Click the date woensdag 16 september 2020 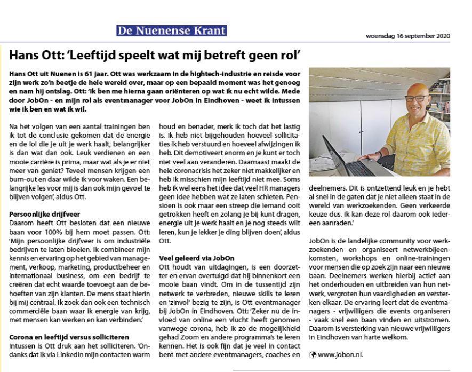click(x=408, y=36)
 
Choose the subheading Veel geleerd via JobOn click(x=197, y=258)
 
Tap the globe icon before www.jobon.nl click(x=313, y=355)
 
